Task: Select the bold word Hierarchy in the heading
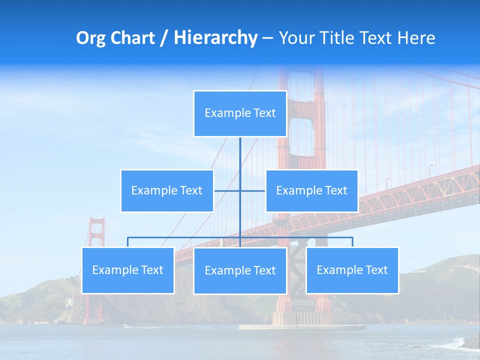pos(215,38)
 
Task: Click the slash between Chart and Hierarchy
pos(164,38)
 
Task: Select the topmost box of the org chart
pos(240,113)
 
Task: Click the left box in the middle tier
pos(167,190)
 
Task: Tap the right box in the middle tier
pos(311,190)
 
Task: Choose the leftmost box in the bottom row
pos(128,270)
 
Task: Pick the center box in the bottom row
pos(240,270)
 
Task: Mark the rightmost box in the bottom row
pos(352,270)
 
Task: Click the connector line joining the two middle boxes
pos(252,190)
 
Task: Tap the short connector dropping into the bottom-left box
pos(128,242)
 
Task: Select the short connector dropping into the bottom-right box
pos(352,242)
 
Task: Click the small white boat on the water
pos(126,326)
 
